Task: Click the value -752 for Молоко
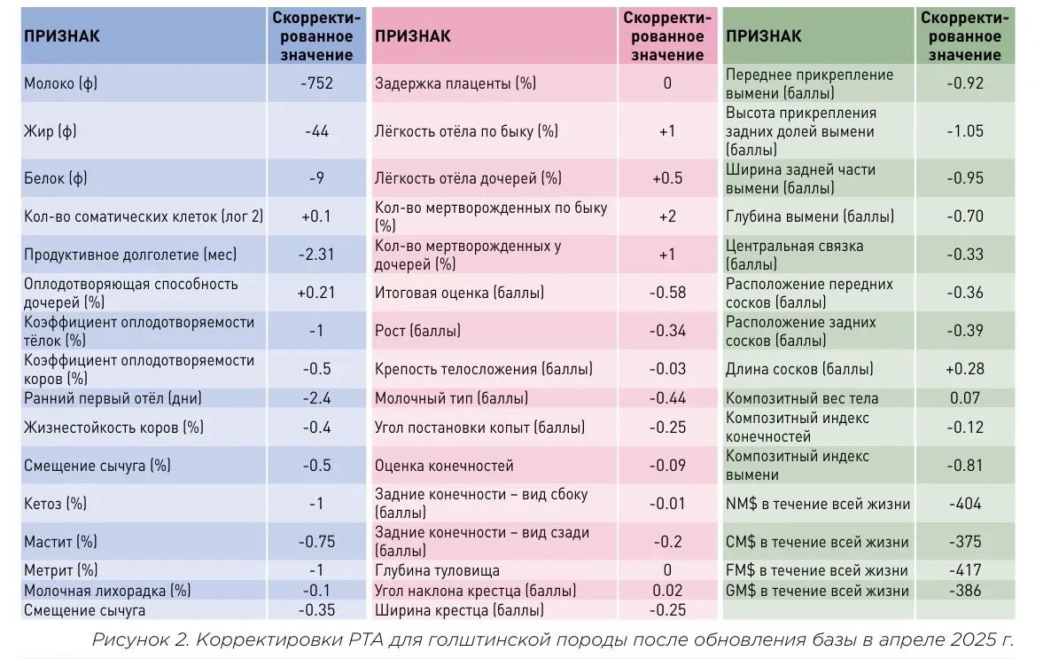(316, 83)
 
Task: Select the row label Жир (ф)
(51, 131)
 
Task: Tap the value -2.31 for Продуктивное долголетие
(316, 255)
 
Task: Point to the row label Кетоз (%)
(55, 504)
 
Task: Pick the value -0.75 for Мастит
(316, 542)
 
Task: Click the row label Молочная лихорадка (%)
(107, 591)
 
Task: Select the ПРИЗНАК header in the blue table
(61, 36)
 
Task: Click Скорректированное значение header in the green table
(964, 36)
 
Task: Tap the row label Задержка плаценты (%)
(455, 84)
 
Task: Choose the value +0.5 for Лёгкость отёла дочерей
(667, 178)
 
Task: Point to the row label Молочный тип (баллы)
(451, 398)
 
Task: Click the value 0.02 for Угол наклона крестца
(667, 591)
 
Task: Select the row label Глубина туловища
(437, 571)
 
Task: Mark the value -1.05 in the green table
(964, 131)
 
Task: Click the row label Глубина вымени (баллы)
(810, 216)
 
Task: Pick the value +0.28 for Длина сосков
(964, 369)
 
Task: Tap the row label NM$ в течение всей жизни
(817, 504)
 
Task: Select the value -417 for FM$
(964, 571)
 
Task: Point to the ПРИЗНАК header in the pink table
(412, 36)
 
